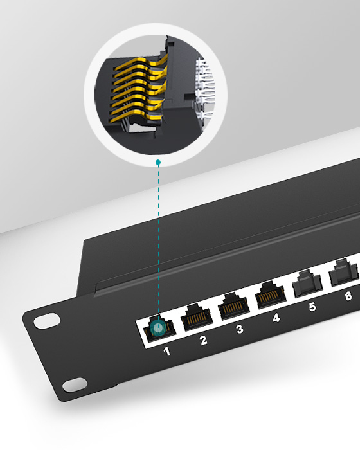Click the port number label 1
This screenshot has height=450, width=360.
pos(166,351)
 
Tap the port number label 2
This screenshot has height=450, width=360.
pos(203,340)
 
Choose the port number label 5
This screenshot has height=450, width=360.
pos(312,307)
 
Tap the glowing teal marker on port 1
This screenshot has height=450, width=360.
pos(157,330)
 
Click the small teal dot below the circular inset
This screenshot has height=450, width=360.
pos(157,162)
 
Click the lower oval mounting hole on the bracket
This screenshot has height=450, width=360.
pos(74,384)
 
